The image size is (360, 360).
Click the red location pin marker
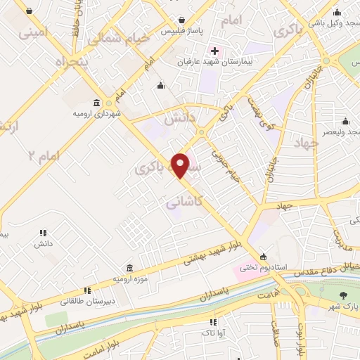tap(181, 165)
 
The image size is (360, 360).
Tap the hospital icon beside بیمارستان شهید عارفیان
tap(214, 51)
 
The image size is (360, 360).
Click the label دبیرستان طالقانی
tap(88, 300)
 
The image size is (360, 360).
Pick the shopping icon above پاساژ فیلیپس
tap(182, 20)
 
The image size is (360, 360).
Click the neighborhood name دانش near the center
tap(178, 120)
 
